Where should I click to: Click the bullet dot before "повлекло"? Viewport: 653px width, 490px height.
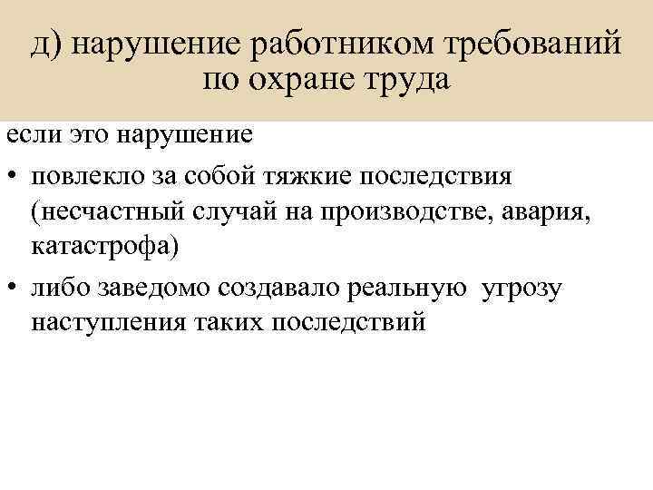pos(13,174)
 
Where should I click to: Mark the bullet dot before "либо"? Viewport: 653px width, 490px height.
pos(13,289)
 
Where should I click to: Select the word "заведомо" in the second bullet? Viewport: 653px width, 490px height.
pos(153,289)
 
